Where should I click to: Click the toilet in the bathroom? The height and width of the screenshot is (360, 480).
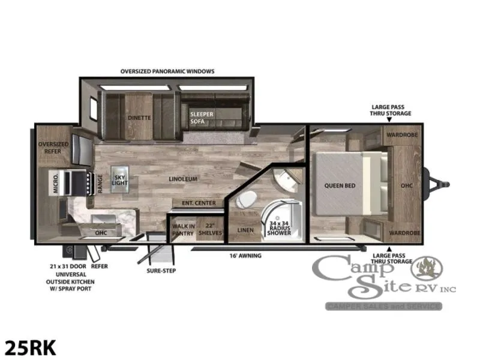pyautogui.click(x=247, y=199)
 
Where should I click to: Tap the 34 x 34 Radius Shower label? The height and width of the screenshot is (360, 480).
pyautogui.click(x=279, y=228)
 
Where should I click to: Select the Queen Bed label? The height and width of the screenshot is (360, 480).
pyautogui.click(x=340, y=185)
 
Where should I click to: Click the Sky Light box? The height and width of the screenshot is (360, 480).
pyautogui.click(x=119, y=179)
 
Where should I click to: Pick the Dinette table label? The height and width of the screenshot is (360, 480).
pyautogui.click(x=139, y=118)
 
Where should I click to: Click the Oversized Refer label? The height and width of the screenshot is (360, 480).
pyautogui.click(x=53, y=148)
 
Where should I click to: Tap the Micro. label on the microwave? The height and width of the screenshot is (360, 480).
pyautogui.click(x=55, y=183)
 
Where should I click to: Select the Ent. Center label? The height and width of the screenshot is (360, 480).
pyautogui.click(x=199, y=203)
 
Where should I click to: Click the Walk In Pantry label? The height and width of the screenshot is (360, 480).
pyautogui.click(x=183, y=230)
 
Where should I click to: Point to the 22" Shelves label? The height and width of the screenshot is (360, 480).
pyautogui.click(x=210, y=229)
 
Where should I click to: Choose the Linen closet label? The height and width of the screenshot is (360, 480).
pyautogui.click(x=245, y=230)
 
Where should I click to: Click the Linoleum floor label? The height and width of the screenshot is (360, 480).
pyautogui.click(x=183, y=179)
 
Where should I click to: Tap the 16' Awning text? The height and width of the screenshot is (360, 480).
pyautogui.click(x=245, y=256)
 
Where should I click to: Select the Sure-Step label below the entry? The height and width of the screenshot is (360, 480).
pyautogui.click(x=161, y=271)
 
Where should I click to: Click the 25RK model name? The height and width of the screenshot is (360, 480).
pyautogui.click(x=31, y=348)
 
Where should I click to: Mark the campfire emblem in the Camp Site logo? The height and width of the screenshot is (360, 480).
pyautogui.click(x=427, y=268)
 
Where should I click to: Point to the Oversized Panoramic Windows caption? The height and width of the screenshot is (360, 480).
pyautogui.click(x=167, y=71)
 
